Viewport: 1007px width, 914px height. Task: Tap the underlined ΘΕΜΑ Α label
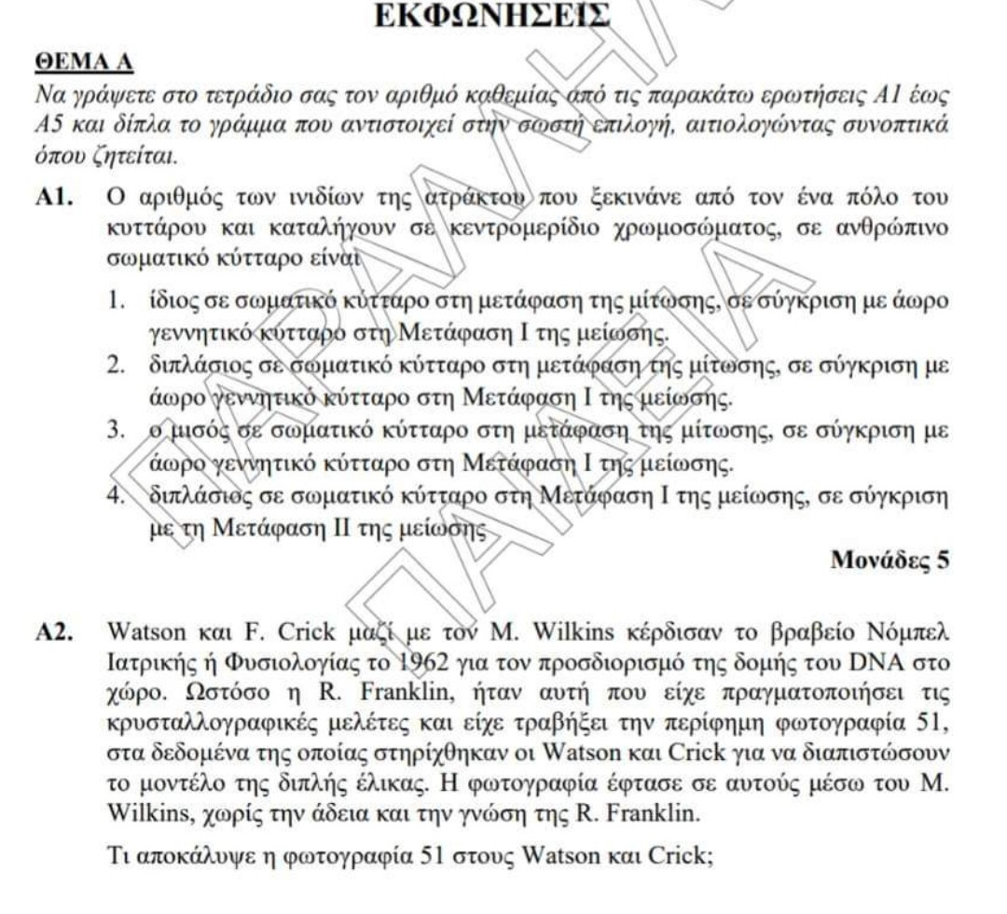point(84,62)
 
